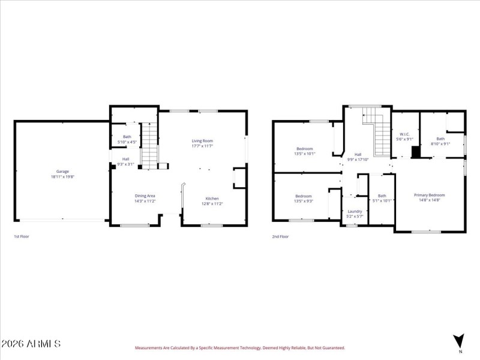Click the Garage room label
[62, 174]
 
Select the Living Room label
[202, 143]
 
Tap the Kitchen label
[212, 201]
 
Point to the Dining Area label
[145, 199]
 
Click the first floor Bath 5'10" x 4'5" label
[127, 139]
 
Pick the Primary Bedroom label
[429, 197]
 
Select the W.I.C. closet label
[404, 136]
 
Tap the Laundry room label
[355, 214]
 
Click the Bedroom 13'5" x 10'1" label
[305, 151]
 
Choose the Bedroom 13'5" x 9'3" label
[304, 199]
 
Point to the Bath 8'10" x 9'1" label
[440, 141]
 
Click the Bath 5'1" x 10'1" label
[382, 198]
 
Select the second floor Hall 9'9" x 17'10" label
[358, 157]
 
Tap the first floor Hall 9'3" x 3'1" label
[126, 161]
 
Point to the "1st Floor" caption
[22, 236]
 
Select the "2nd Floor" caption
[280, 236]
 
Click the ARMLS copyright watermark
[31, 344]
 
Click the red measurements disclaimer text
[239, 347]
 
